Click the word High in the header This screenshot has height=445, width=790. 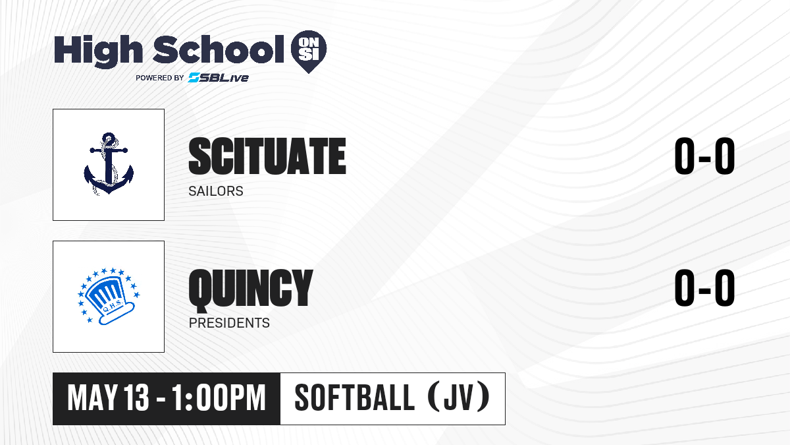(98, 51)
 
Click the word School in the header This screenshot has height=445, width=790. (219, 49)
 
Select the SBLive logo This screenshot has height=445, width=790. (219, 78)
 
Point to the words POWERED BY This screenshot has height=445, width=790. (160, 78)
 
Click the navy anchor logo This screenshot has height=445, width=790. (109, 164)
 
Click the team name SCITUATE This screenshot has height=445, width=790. (267, 156)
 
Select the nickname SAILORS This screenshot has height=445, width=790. (216, 191)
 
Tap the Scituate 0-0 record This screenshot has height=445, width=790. (704, 156)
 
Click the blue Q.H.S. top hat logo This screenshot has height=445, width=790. (109, 296)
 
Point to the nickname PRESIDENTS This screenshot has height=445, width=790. (229, 323)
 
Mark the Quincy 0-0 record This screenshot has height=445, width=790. (704, 288)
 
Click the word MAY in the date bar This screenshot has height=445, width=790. (92, 398)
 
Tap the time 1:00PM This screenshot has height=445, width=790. (219, 398)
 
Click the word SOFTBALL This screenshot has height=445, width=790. (354, 398)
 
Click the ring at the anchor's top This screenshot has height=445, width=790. (109, 138)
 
